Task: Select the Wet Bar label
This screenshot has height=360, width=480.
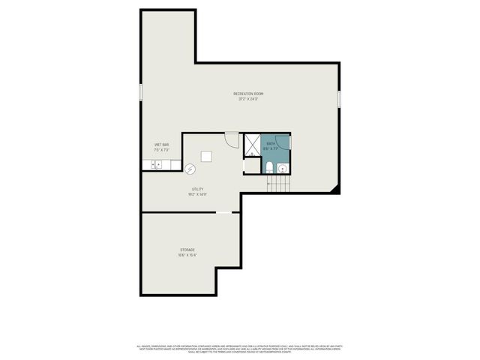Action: [x=161, y=145]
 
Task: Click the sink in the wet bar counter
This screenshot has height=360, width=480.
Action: [x=157, y=165]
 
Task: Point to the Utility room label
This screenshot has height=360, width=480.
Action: [x=197, y=190]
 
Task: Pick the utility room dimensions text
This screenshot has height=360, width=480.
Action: [x=197, y=195]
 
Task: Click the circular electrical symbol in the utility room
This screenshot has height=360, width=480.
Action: [x=190, y=169]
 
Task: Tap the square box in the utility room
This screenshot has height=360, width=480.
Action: [x=205, y=156]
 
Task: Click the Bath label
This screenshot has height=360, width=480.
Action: [x=271, y=143]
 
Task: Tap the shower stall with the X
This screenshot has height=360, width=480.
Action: [x=251, y=142]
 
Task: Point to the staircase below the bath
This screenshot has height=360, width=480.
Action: [x=278, y=182]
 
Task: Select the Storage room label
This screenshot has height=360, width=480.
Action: [x=187, y=250]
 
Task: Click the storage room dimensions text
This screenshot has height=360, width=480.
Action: [x=187, y=255]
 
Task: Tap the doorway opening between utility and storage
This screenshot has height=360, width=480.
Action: [x=224, y=213]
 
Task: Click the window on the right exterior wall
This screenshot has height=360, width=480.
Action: [x=339, y=98]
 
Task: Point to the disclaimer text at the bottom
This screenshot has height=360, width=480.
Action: [x=240, y=348]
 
